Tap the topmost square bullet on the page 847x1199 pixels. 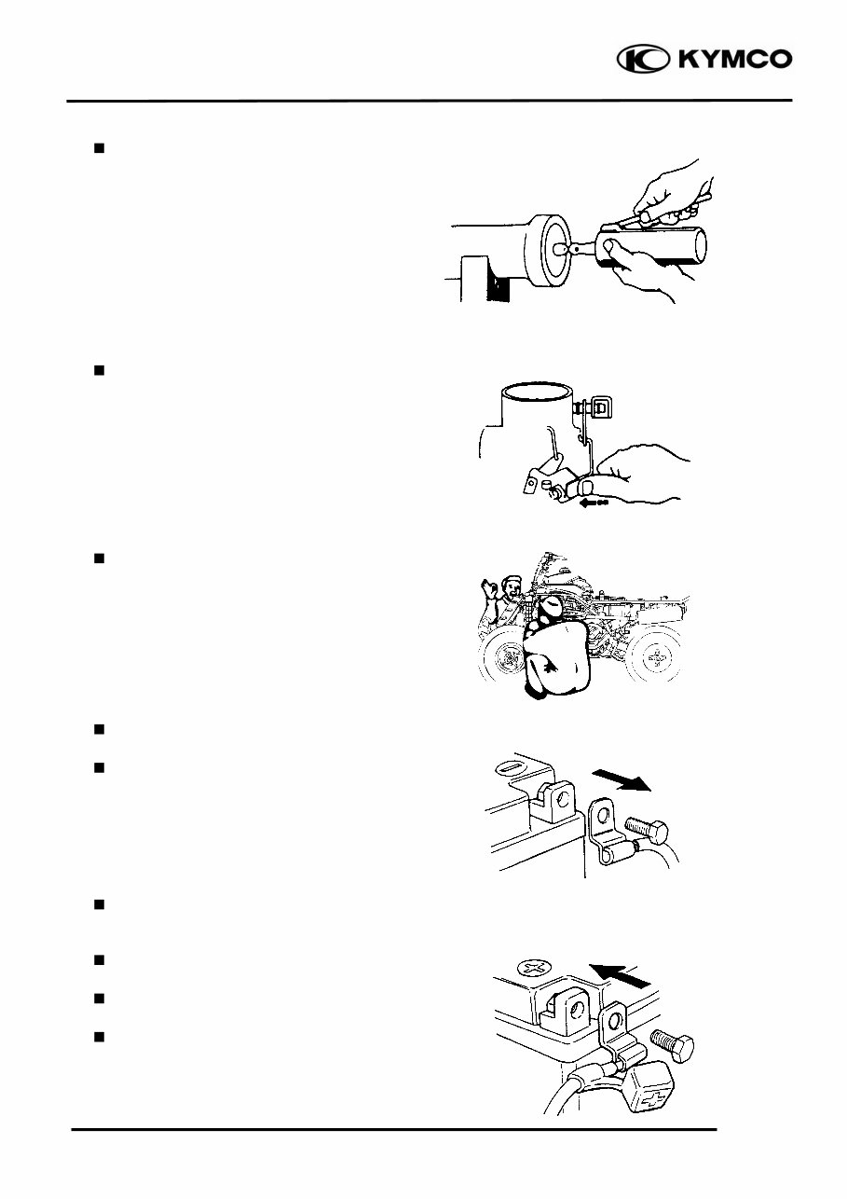tap(98, 147)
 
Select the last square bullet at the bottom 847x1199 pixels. tap(98, 1036)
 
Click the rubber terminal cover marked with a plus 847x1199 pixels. tap(642, 1087)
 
